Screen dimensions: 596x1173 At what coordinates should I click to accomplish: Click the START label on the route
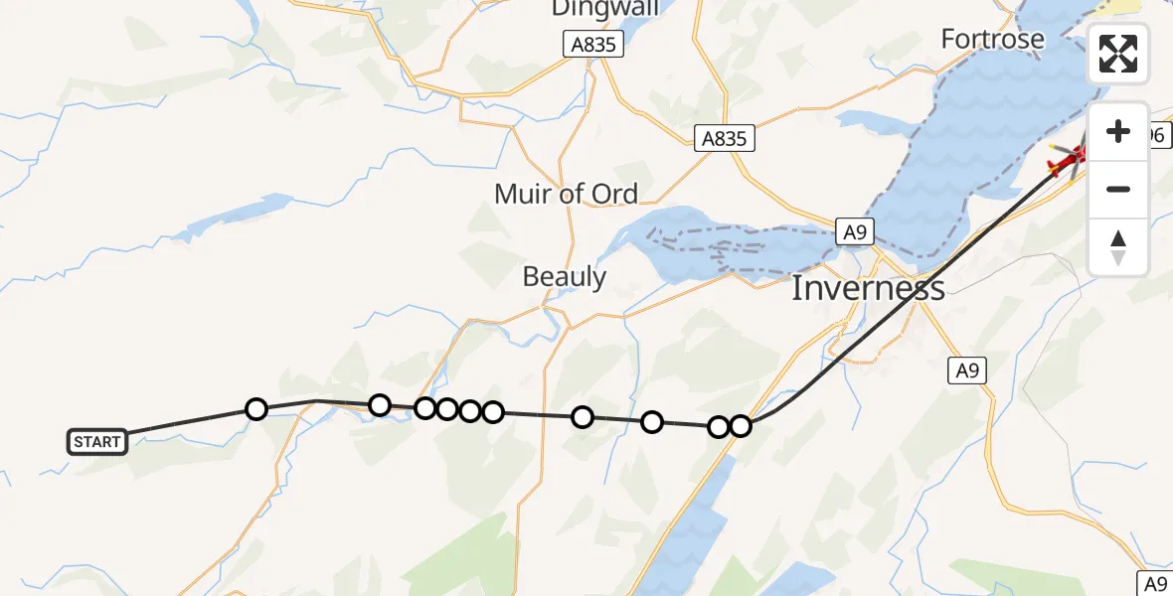[97, 442]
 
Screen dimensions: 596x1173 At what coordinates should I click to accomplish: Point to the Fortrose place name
[993, 40]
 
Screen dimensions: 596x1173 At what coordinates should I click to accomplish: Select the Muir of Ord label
[566, 194]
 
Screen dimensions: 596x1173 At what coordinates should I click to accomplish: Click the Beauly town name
[565, 276]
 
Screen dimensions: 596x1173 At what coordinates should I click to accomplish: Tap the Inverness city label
[868, 289]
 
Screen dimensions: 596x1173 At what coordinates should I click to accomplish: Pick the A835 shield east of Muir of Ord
[724, 139]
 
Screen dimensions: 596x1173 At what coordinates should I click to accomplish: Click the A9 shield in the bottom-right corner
[1154, 583]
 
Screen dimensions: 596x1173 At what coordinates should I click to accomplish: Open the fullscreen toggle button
[1118, 54]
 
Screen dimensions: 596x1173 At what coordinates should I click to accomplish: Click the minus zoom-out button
[1118, 189]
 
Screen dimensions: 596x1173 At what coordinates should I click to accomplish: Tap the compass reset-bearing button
[1118, 247]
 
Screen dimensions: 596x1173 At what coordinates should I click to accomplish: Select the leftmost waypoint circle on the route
[256, 409]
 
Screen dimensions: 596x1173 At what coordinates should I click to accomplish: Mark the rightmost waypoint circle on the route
[741, 426]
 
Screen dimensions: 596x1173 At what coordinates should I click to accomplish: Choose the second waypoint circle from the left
[379, 404]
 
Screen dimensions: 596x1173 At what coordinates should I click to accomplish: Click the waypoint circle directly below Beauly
[583, 417]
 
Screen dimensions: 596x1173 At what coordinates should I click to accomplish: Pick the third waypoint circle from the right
[652, 422]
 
